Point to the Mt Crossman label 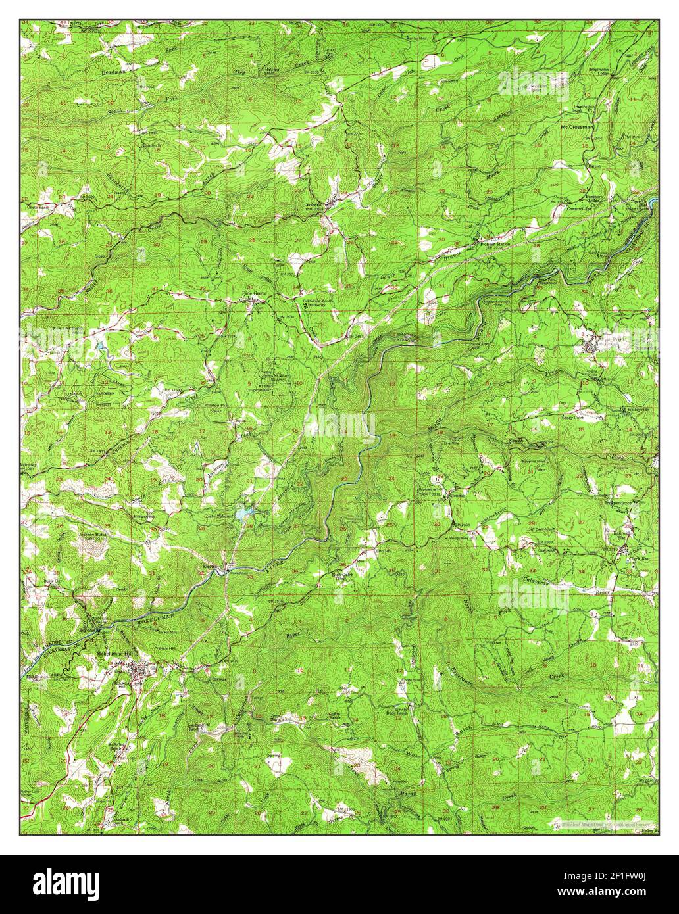tap(576, 127)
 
